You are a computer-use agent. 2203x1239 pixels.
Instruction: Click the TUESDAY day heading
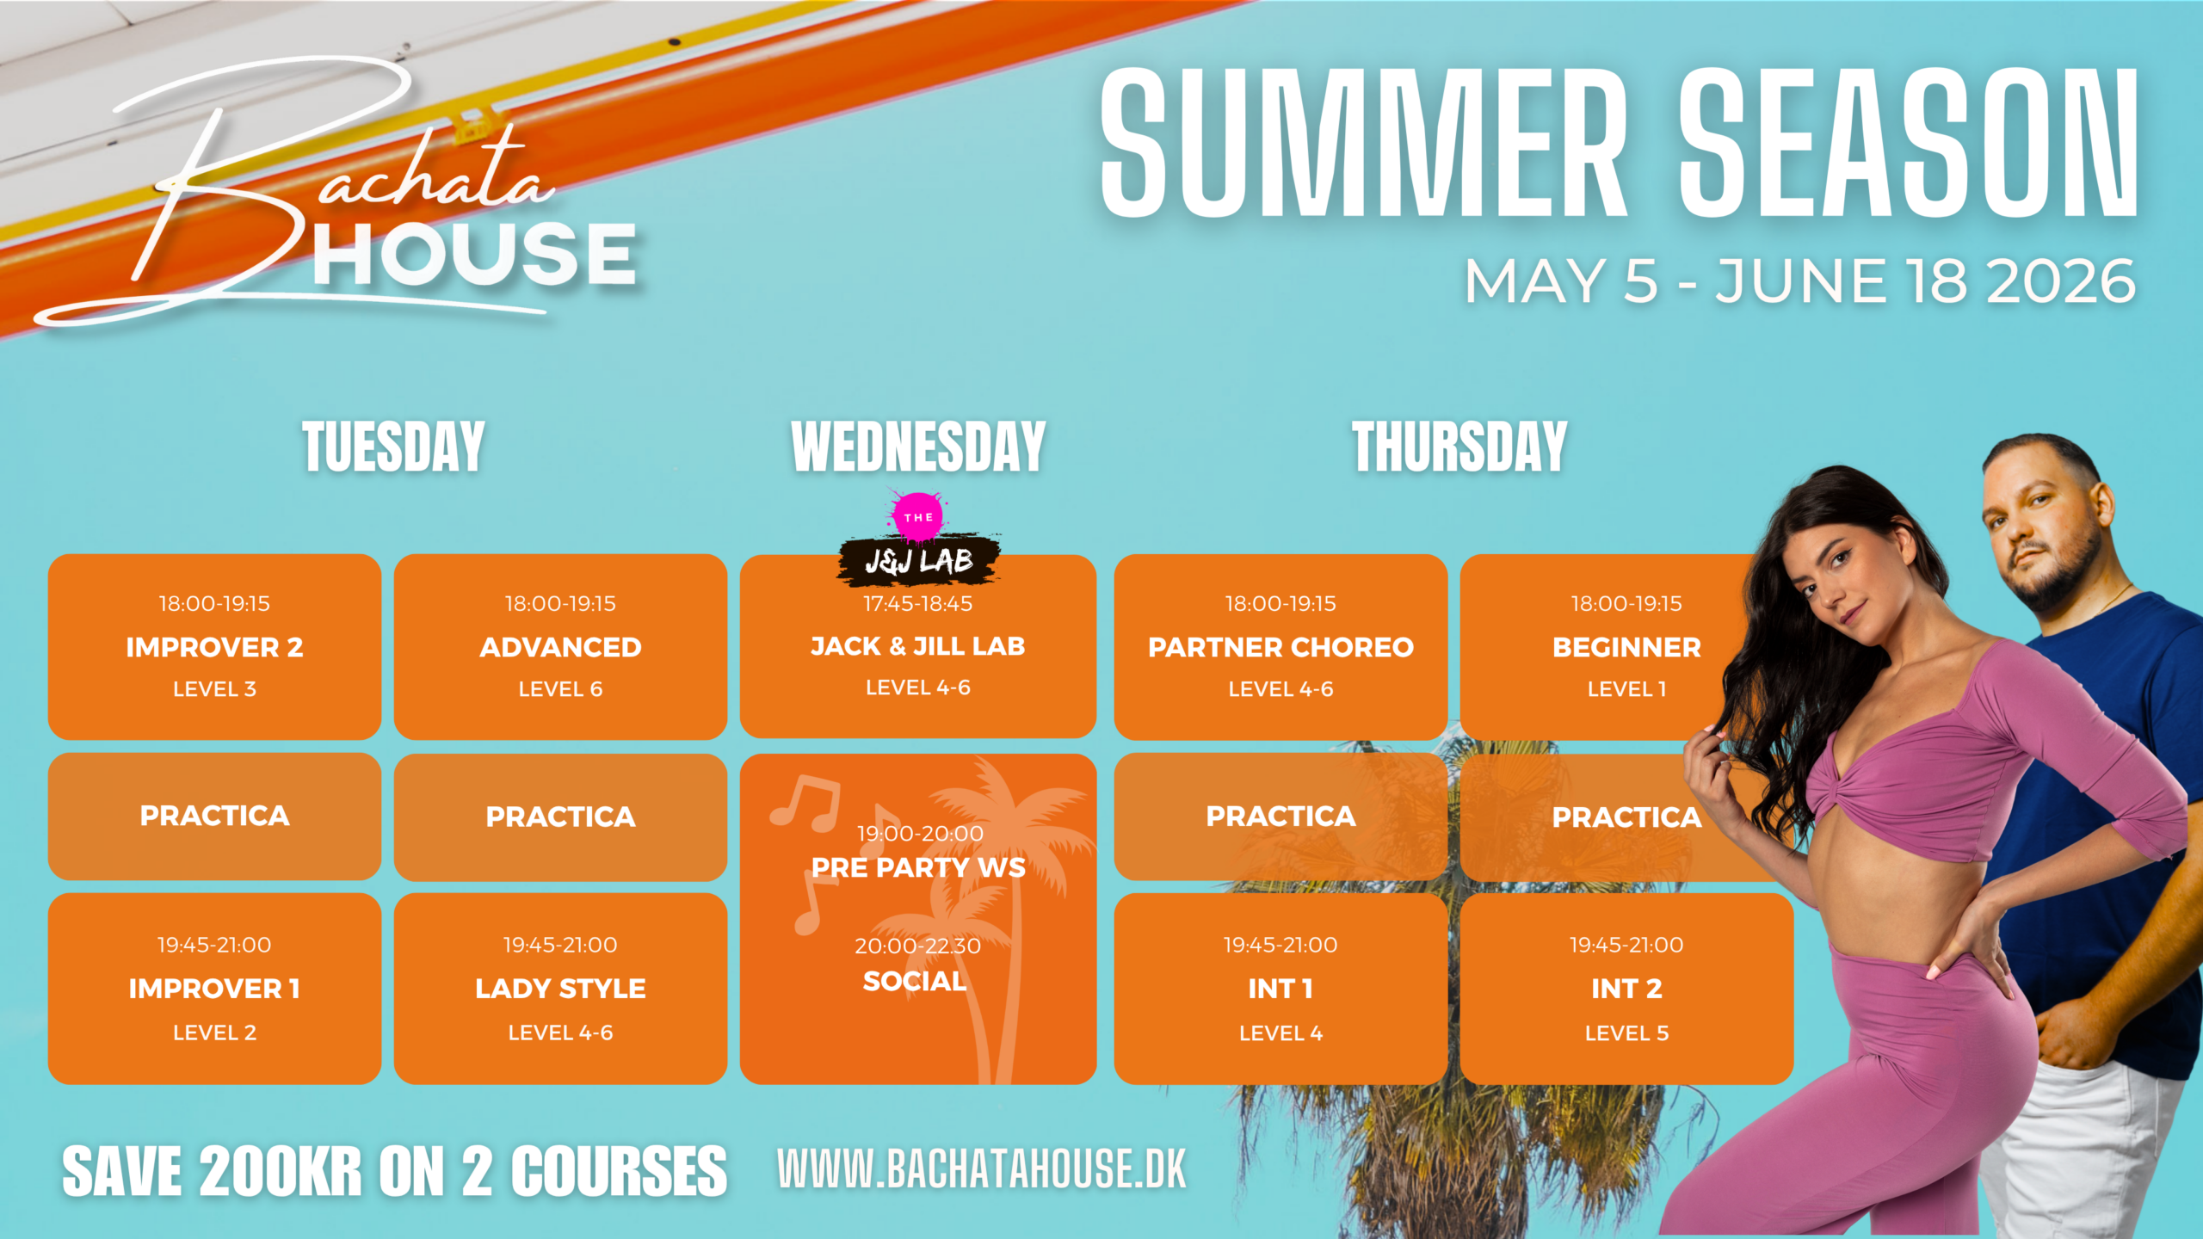[393, 447]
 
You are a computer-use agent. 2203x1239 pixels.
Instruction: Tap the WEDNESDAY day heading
[918, 447]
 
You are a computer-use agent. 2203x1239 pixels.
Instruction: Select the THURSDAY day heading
[1459, 447]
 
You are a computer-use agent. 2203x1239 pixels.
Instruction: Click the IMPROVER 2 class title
[214, 647]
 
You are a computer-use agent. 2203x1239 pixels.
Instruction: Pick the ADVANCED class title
[560, 647]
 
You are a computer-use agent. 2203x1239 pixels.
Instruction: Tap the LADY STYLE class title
[560, 989]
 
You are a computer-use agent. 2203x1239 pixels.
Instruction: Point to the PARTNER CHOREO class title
[1280, 647]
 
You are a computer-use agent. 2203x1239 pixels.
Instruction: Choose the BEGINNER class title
[1626, 647]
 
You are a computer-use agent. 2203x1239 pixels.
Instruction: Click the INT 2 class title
[1626, 989]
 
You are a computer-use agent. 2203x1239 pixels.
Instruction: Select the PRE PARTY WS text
[918, 867]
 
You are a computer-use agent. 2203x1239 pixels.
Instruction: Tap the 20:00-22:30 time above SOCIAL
[917, 946]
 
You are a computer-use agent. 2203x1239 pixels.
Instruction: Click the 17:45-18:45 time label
[917, 603]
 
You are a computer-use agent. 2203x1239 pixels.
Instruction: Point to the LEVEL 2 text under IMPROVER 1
[214, 1032]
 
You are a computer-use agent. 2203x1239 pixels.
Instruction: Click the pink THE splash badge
[918, 516]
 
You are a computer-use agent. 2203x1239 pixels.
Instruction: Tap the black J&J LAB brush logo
[919, 561]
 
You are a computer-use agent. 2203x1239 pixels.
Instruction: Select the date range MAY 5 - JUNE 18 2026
[1800, 281]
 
